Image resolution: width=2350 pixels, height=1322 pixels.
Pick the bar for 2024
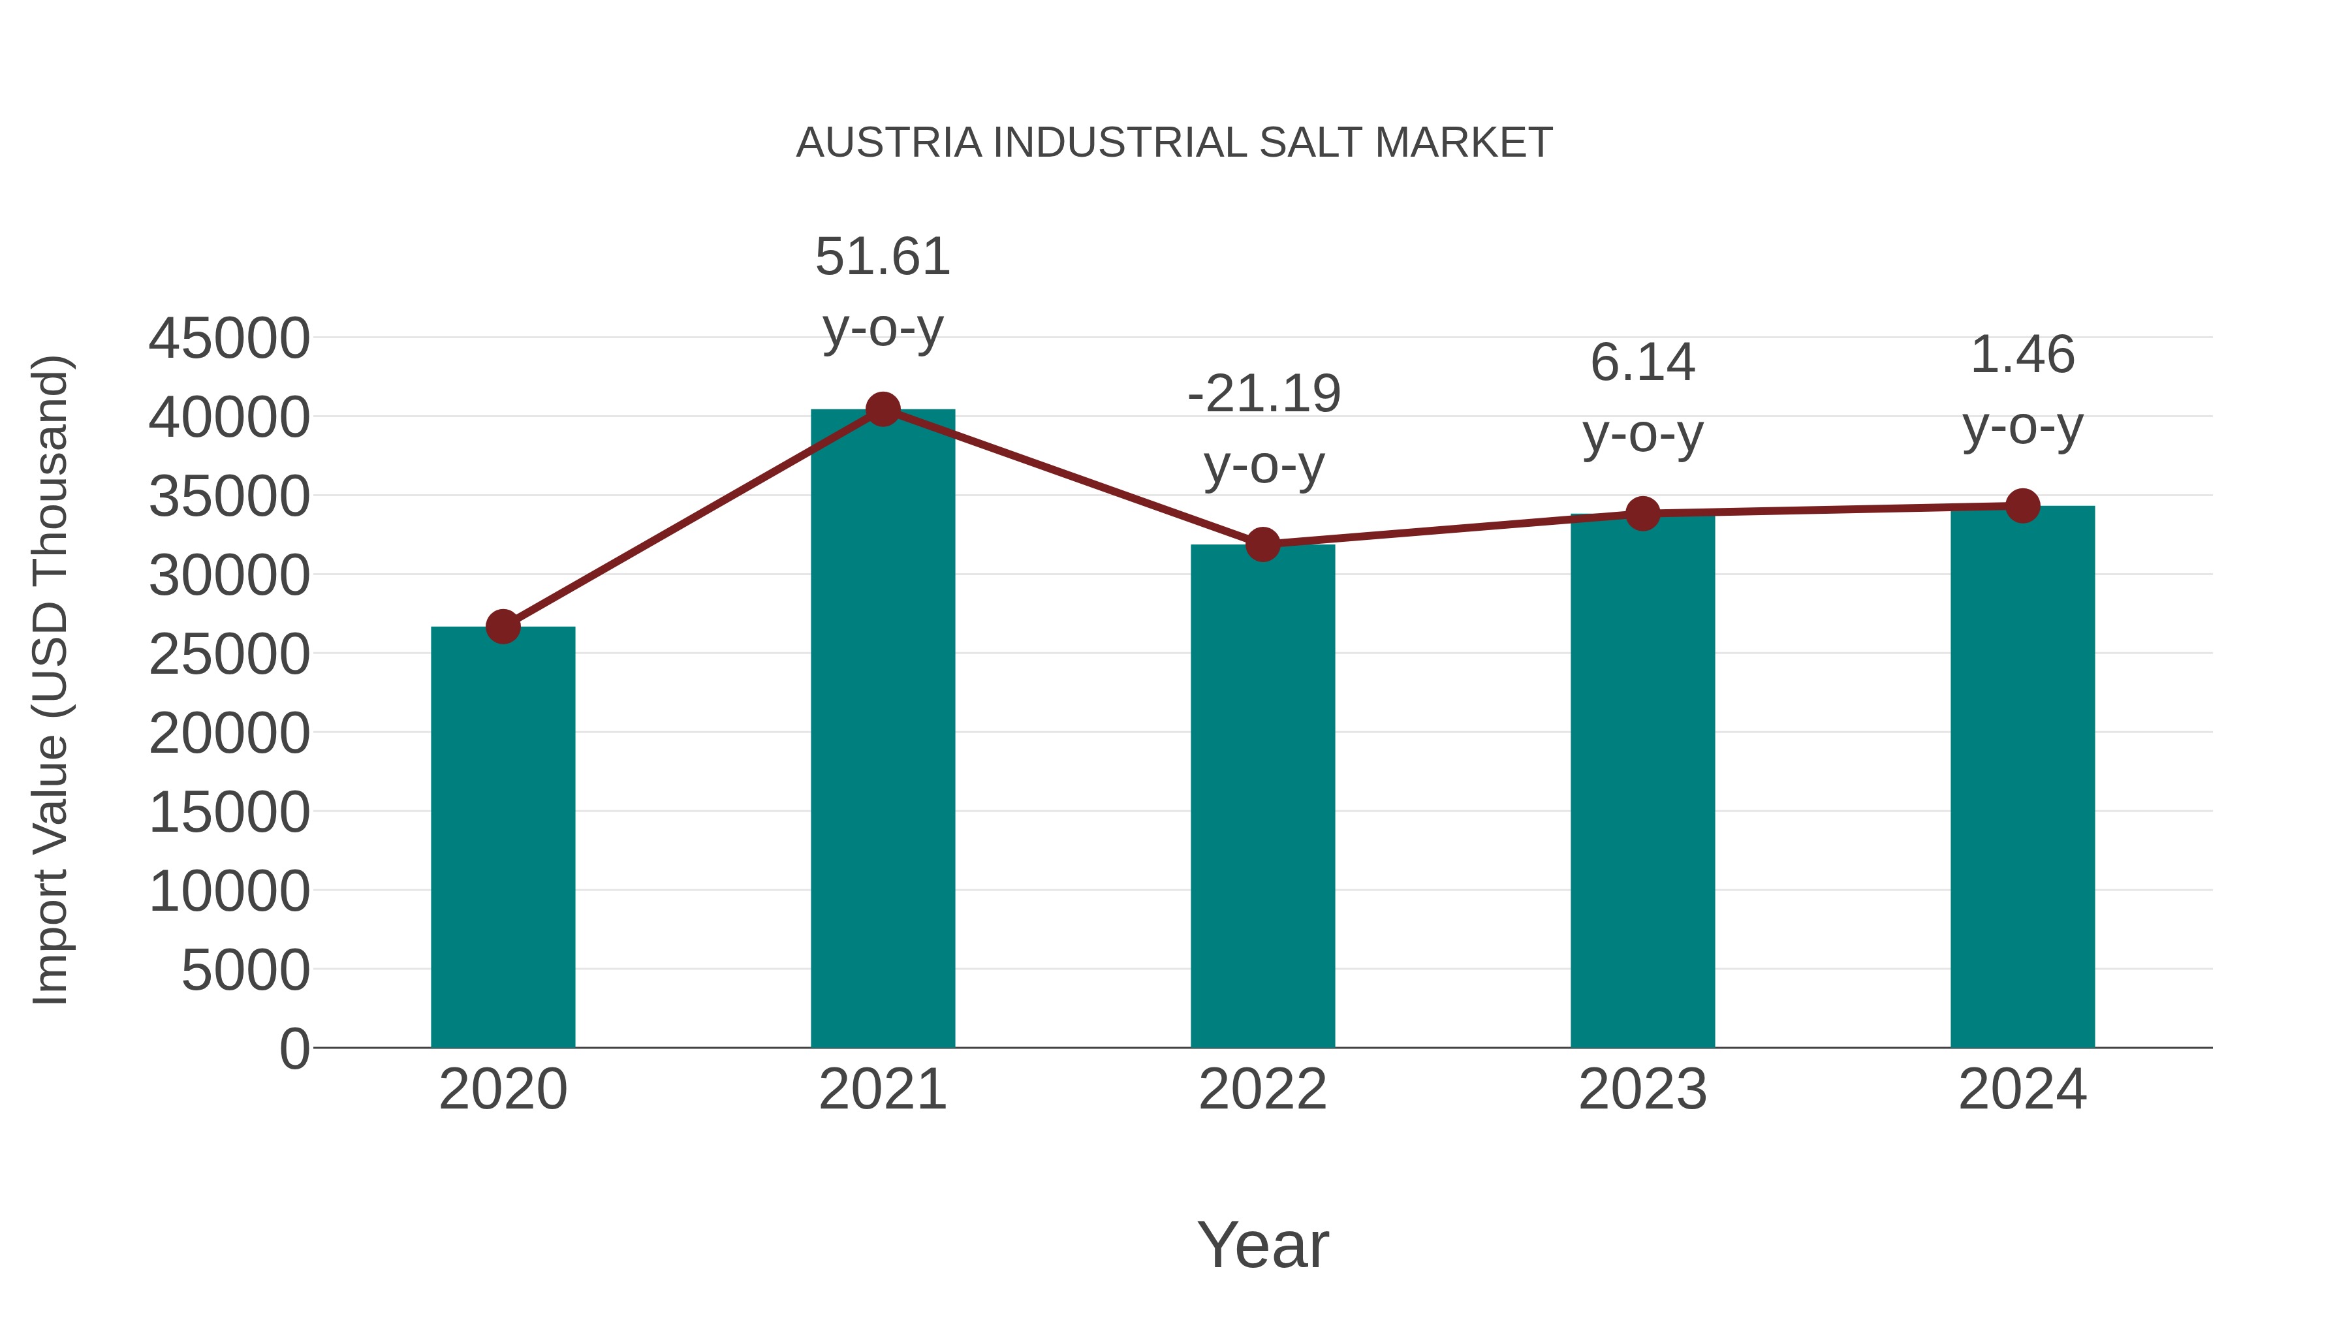(x=2022, y=776)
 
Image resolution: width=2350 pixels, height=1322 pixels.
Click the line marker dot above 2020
(x=503, y=627)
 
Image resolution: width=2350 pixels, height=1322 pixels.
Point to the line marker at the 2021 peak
(x=882, y=409)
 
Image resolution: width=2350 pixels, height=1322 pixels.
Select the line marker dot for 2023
(x=1642, y=514)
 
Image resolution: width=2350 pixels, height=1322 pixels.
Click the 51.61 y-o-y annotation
(x=882, y=291)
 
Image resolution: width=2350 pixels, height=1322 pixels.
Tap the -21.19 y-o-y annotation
(x=1264, y=429)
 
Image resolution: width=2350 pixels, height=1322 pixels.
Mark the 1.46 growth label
(x=2022, y=390)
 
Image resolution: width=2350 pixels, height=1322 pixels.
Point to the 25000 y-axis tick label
(x=229, y=654)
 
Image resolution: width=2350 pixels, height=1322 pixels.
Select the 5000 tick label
(x=245, y=970)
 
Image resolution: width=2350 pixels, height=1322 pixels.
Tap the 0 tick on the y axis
(x=294, y=1048)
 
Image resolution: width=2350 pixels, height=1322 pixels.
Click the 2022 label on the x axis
(x=1262, y=1090)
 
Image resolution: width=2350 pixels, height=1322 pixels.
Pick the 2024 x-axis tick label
(x=2022, y=1090)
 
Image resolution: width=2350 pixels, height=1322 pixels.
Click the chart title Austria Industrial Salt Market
(x=1174, y=142)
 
